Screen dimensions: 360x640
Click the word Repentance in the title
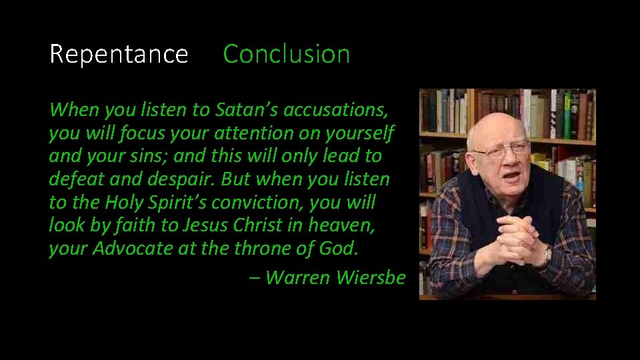pyautogui.click(x=119, y=54)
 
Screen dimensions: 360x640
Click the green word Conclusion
pyautogui.click(x=286, y=54)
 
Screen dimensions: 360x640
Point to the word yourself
pyautogui.click(x=361, y=133)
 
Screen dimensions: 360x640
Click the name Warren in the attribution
pyautogui.click(x=297, y=277)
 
